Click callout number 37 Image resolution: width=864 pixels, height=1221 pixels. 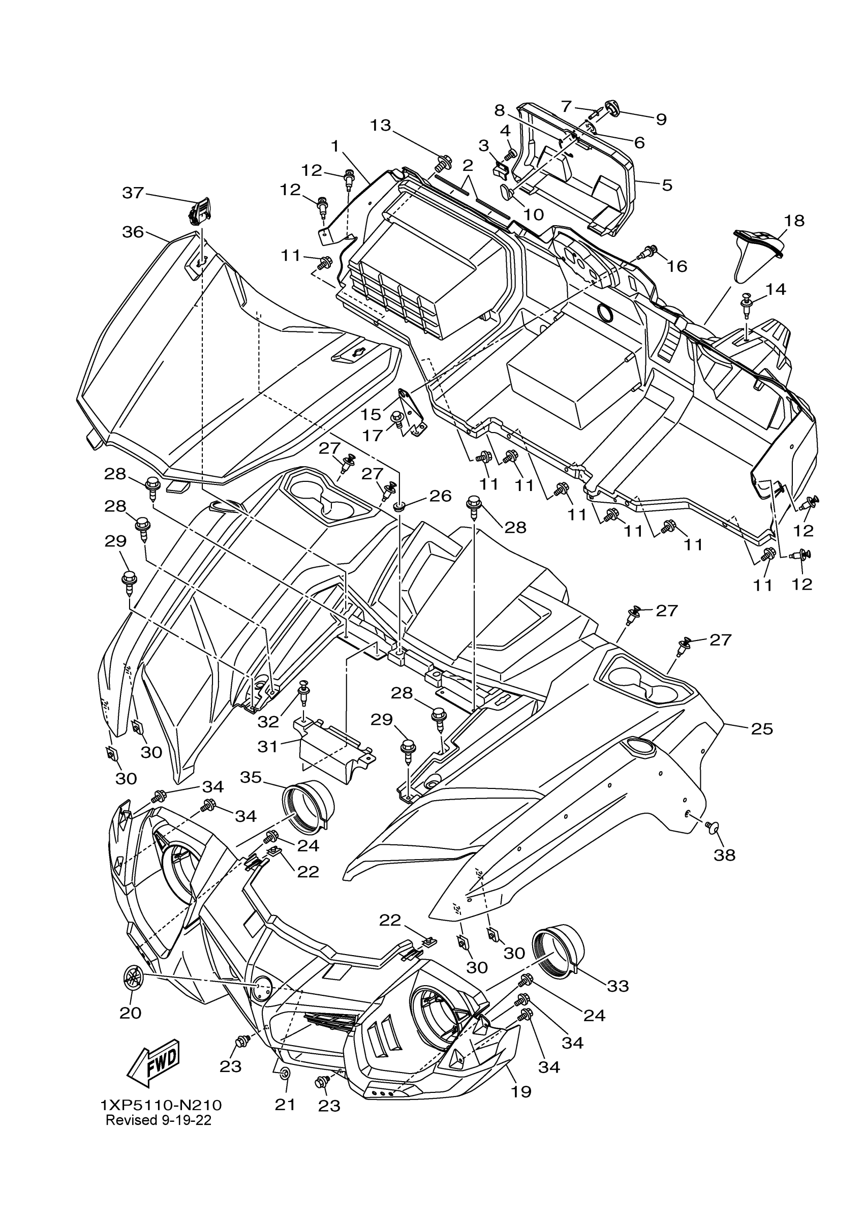133,193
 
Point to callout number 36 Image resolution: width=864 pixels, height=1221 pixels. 133,232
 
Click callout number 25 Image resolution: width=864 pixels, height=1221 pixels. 762,728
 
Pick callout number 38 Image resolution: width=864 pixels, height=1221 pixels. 724,855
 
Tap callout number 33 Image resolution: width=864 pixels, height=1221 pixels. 618,986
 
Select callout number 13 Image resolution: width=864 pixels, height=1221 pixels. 380,126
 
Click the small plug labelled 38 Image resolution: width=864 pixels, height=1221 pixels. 710,840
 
